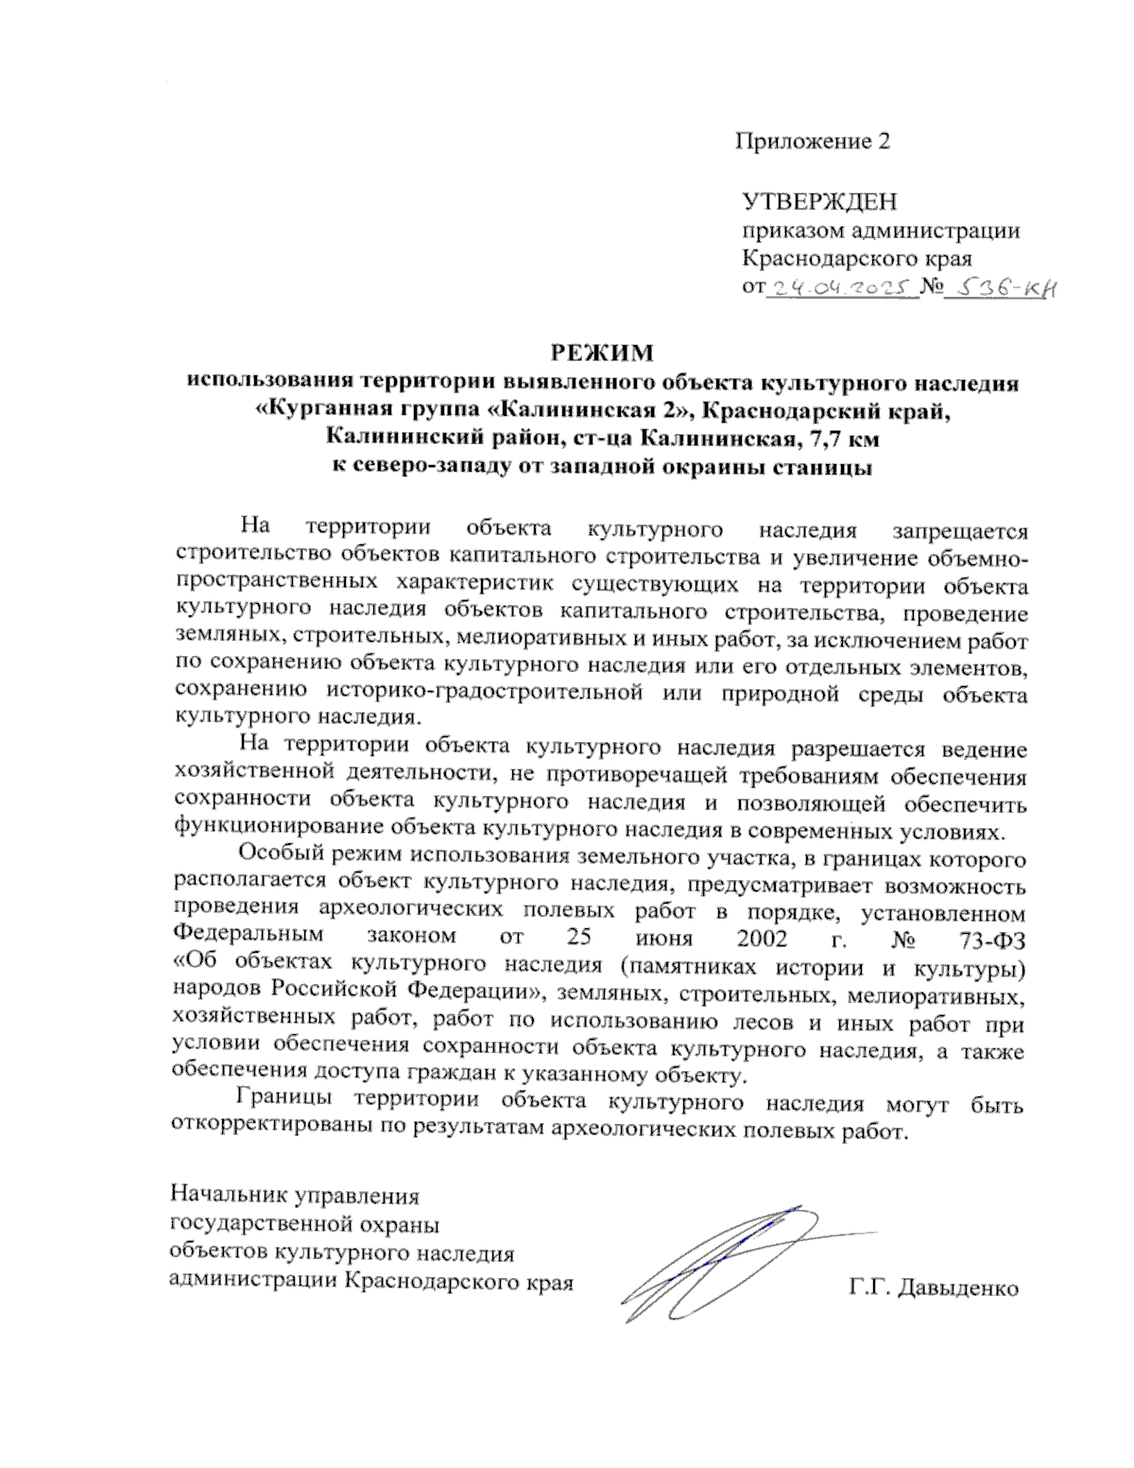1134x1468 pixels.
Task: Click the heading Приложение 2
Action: point(813,142)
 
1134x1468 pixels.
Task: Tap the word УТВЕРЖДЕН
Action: point(819,202)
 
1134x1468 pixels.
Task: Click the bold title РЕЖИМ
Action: point(603,354)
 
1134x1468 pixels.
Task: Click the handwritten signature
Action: point(718,1257)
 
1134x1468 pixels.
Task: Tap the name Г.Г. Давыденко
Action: point(934,1287)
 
